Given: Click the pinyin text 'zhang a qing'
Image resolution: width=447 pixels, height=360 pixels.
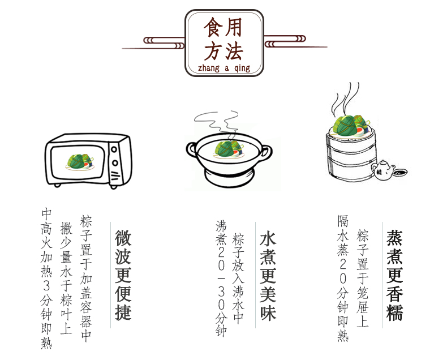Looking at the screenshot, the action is (x=224, y=68).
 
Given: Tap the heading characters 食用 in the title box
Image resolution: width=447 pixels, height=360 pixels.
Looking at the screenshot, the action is (x=223, y=27).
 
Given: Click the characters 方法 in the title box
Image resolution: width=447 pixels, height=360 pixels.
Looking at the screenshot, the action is (x=223, y=51).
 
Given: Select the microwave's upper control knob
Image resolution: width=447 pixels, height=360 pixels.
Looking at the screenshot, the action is (x=114, y=149).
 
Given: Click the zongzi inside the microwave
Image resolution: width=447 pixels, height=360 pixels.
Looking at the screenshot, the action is (x=79, y=161).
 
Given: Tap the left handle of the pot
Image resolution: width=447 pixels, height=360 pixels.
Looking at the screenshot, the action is (x=192, y=149).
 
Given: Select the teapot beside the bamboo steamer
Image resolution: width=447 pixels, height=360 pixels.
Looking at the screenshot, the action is (x=383, y=170).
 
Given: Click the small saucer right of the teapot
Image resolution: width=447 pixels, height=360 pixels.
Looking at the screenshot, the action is (x=400, y=172).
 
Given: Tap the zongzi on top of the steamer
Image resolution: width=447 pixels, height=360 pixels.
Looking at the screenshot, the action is (x=351, y=126).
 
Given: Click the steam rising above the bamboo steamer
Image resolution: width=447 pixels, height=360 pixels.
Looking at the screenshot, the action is (x=346, y=98).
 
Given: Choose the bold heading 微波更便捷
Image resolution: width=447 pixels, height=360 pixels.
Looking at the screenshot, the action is (x=123, y=275).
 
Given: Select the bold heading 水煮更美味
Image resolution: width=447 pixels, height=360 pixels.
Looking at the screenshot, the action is (x=268, y=276).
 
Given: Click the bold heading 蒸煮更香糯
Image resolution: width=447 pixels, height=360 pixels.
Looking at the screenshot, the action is (x=394, y=276).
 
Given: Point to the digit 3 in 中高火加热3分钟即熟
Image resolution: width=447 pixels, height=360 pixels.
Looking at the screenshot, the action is (x=46, y=285).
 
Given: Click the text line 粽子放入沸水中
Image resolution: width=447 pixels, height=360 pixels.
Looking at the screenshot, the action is (x=238, y=278).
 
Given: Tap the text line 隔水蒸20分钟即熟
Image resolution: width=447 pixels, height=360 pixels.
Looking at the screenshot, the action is (x=343, y=278).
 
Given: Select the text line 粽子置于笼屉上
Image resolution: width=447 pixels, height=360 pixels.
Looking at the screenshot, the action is (x=363, y=278).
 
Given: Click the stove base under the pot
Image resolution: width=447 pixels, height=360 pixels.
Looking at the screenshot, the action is (x=228, y=177).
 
